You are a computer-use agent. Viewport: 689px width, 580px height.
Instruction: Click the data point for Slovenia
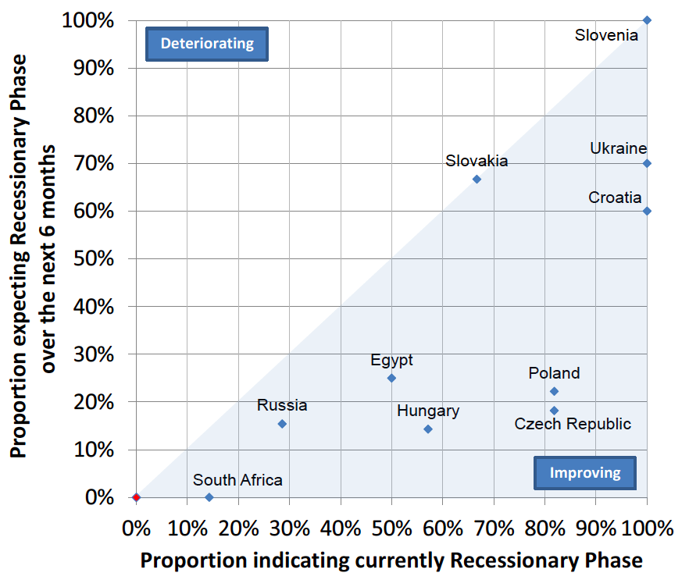pos(647,20)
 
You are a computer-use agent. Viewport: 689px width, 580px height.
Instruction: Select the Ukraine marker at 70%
pos(647,163)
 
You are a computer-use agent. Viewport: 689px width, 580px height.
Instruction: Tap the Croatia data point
pos(647,211)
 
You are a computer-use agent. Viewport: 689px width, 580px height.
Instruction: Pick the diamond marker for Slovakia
pos(477,179)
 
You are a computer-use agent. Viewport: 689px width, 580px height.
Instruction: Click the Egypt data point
pos(391,378)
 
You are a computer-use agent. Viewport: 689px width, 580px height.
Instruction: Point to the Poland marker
pos(554,391)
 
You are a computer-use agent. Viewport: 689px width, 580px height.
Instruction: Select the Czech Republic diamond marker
pos(554,411)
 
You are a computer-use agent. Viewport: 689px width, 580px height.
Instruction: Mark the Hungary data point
pos(427,429)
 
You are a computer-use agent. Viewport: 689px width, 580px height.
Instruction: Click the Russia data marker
pos(282,424)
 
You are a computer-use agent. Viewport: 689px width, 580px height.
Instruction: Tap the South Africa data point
pos(209,497)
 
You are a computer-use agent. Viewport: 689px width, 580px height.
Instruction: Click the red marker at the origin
pos(136,497)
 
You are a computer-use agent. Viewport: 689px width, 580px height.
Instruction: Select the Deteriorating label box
pos(207,44)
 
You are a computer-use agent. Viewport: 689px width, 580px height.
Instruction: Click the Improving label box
pos(585,472)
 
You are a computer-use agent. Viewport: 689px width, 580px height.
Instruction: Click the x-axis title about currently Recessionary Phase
pos(391,560)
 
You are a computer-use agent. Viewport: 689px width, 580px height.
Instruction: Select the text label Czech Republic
pos(573,424)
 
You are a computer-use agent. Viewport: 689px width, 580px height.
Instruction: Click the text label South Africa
pos(237,480)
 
